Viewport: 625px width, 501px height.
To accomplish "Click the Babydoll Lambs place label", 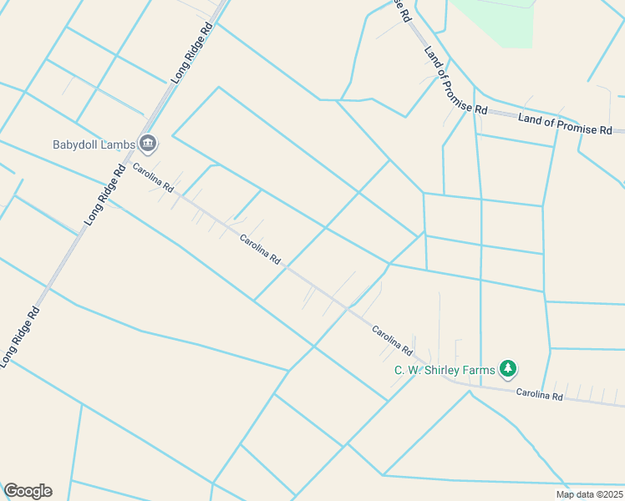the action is (x=94, y=144).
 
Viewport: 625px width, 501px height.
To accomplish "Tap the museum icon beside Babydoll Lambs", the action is (x=149, y=144).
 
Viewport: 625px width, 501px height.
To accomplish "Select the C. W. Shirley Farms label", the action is (x=445, y=370).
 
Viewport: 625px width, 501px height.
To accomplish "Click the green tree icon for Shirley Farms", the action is (x=507, y=368).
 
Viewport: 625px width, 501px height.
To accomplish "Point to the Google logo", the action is (x=28, y=491).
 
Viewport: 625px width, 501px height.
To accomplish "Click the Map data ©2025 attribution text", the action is (x=588, y=494).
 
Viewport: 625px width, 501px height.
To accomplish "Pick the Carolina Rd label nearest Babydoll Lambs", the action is (x=152, y=176).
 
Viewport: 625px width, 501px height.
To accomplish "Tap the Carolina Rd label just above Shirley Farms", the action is (x=393, y=338).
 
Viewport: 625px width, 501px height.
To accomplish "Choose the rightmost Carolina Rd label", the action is (x=539, y=394).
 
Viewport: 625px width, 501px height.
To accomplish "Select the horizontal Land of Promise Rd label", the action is (x=565, y=124).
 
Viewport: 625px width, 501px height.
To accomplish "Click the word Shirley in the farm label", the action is (x=444, y=370).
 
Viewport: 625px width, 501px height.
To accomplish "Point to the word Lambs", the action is (x=116, y=144).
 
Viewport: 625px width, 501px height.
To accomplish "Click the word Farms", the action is (x=479, y=370).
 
